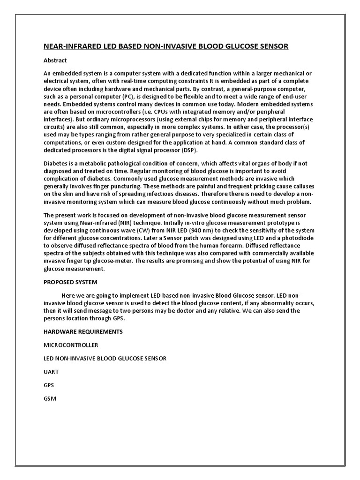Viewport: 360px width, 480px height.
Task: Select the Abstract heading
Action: [x=55, y=60]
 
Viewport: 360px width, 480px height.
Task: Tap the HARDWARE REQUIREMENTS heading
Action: [x=83, y=331]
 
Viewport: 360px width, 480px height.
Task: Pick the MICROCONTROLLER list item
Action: [x=71, y=345]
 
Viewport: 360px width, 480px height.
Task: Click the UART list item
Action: [x=51, y=372]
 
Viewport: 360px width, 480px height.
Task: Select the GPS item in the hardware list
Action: [x=49, y=385]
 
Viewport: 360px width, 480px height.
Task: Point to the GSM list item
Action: [x=50, y=398]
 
